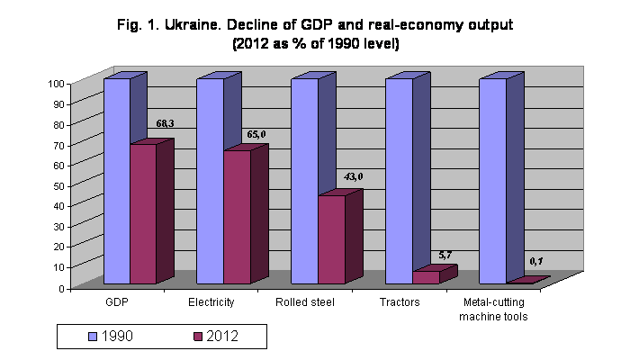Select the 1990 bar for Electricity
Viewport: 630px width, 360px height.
coord(211,180)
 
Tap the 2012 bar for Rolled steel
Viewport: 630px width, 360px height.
coord(331,239)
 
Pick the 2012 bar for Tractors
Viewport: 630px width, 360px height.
coord(426,277)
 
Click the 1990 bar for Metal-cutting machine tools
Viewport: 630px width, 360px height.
coord(492,180)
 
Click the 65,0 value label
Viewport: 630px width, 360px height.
coord(256,134)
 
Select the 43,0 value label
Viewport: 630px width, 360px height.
coord(352,176)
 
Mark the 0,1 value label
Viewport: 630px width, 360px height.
coord(536,260)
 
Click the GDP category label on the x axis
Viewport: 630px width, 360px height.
coord(117,302)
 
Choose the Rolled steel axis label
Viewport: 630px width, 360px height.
coord(306,302)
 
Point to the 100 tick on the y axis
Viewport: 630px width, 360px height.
coord(56,84)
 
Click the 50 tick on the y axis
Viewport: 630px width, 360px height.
coord(58,185)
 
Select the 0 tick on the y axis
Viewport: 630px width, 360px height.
coord(61,288)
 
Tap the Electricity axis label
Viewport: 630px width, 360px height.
coord(211,302)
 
